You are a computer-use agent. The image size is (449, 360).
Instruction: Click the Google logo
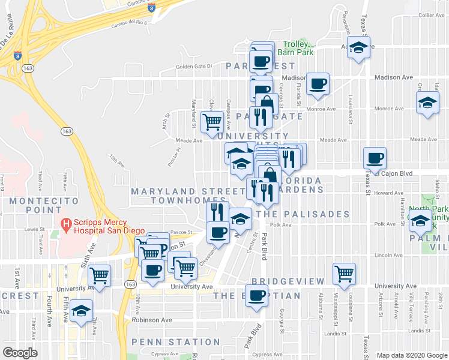20,352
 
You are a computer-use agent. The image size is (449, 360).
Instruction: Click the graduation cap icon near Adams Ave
358,48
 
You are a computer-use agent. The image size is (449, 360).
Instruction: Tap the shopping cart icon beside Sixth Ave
100,276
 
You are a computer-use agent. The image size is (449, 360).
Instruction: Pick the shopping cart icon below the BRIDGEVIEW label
345,274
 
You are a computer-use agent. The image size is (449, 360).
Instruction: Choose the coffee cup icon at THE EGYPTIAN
257,296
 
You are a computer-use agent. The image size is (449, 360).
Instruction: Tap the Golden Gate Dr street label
194,66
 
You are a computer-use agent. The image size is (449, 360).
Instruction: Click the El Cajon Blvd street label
393,173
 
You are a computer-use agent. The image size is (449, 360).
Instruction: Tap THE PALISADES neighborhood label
303,214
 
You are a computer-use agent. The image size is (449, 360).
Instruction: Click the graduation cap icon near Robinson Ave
81,311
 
